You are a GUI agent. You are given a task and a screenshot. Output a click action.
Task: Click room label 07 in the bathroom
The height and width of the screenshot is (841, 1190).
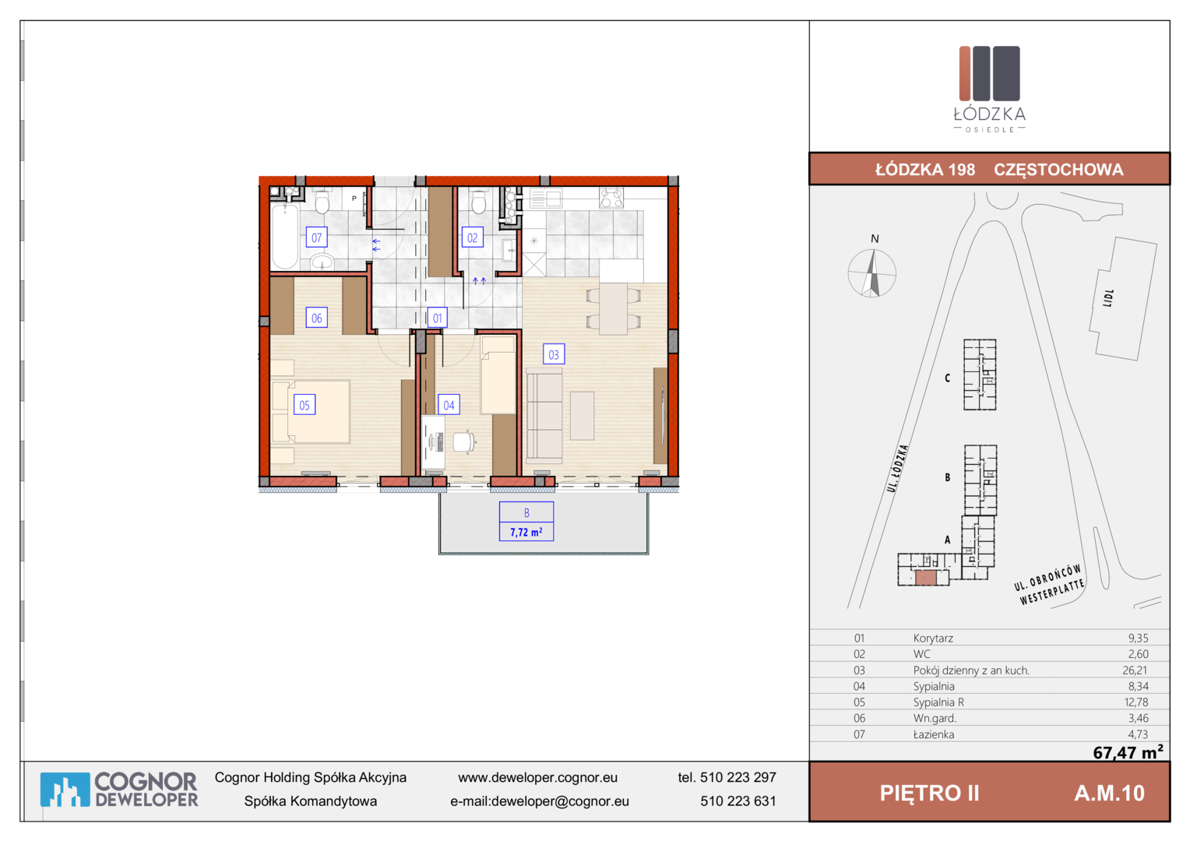click(x=317, y=238)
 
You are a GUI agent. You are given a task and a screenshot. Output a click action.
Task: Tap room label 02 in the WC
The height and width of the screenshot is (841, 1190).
click(x=472, y=238)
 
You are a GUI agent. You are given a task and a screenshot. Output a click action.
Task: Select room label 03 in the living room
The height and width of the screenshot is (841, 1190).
click(x=554, y=354)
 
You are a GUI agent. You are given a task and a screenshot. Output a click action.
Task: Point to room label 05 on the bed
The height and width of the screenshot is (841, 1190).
click(x=305, y=405)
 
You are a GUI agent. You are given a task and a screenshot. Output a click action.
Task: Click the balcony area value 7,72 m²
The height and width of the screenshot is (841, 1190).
click(x=526, y=532)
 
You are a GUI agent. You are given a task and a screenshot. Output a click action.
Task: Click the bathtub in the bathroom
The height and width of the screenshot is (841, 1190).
click(x=285, y=237)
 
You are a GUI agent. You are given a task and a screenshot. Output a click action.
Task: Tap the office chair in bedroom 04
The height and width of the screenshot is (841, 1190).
click(x=464, y=442)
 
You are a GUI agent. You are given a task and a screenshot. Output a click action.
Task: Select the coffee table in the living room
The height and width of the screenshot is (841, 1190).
click(x=583, y=416)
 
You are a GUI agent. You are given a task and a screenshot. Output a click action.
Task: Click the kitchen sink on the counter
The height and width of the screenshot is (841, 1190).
click(x=546, y=199)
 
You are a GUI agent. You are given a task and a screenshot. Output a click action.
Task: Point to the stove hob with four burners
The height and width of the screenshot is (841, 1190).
click(x=611, y=198)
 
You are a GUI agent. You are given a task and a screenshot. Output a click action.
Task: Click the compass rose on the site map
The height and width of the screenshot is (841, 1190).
click(x=871, y=273)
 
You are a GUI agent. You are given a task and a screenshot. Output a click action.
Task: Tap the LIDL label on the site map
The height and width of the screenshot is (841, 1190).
click(x=1107, y=298)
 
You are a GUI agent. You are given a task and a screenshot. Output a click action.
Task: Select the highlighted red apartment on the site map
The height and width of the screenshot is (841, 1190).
click(x=925, y=578)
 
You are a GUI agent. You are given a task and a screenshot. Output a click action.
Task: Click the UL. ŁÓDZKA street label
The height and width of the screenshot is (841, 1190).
click(x=897, y=468)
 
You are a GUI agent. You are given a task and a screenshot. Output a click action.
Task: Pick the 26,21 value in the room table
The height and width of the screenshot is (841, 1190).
click(x=1135, y=670)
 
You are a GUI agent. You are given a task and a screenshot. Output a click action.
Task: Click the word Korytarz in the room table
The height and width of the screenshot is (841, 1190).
click(x=933, y=638)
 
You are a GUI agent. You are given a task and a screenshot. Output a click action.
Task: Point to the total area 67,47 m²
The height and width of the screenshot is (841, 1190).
click(x=1128, y=751)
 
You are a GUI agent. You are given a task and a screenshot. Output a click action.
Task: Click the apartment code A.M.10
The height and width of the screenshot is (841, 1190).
click(x=1109, y=793)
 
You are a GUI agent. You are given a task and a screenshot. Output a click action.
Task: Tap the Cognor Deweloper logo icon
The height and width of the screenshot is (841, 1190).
click(x=65, y=790)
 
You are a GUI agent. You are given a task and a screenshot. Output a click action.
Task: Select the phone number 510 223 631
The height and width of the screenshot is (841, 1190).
click(x=738, y=801)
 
